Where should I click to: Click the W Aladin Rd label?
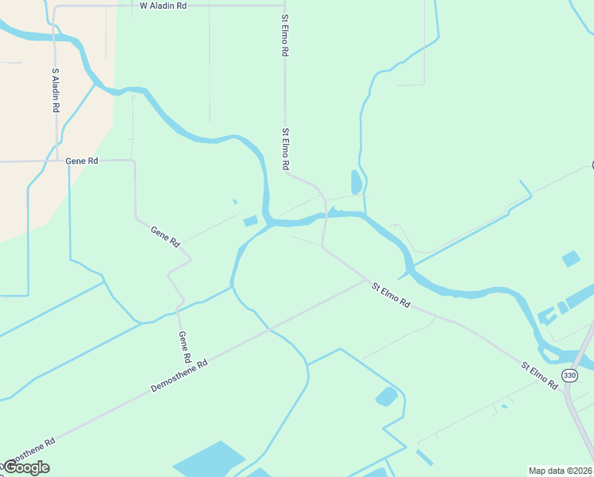163,5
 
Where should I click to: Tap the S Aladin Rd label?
56,90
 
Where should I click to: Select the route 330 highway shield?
569,375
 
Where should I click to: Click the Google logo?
26,467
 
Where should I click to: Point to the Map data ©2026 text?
561,471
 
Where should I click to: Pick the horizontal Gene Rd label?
82,161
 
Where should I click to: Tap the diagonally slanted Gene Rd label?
165,236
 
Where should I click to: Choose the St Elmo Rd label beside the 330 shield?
539,375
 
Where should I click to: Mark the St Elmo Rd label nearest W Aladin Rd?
284,34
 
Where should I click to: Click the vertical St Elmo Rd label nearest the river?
284,149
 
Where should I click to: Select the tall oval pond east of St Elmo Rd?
356,182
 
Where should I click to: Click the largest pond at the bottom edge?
208,461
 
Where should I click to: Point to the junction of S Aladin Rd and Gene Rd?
56,161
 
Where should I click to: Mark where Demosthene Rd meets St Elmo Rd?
368,280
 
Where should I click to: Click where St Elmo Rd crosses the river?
325,215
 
